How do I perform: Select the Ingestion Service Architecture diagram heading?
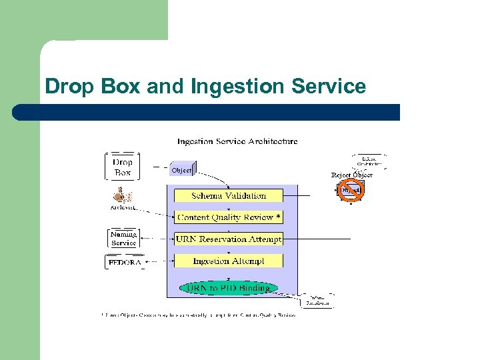click(x=237, y=141)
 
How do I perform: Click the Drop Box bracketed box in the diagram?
click(x=123, y=167)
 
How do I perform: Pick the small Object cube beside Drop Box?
click(x=182, y=170)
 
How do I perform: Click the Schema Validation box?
click(x=228, y=195)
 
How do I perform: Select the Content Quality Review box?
click(x=228, y=217)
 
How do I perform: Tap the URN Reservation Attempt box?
click(x=228, y=239)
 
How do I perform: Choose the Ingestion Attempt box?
click(x=228, y=261)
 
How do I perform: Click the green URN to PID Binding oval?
click(x=228, y=288)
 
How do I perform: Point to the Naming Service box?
click(x=123, y=238)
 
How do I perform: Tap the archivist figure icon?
click(x=121, y=195)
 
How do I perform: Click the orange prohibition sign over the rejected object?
click(x=350, y=190)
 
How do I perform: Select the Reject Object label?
click(x=351, y=175)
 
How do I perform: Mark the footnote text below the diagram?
click(x=197, y=315)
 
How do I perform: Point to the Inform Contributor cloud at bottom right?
click(x=317, y=301)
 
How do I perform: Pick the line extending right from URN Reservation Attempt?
click(x=317, y=239)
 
